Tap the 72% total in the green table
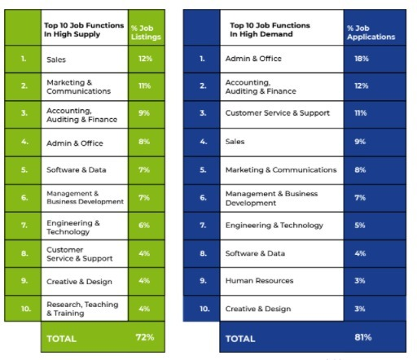(x=144, y=336)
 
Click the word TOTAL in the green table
(x=67, y=336)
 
